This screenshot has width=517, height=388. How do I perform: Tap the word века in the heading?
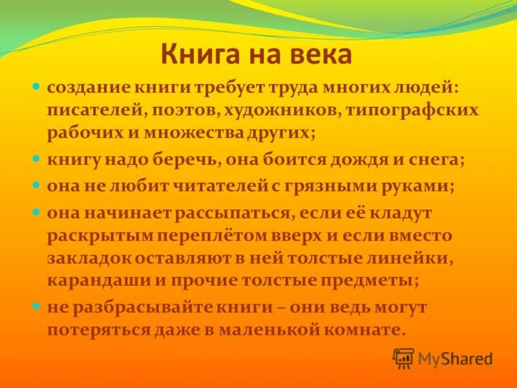(321, 56)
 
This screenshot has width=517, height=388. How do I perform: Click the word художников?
(273, 111)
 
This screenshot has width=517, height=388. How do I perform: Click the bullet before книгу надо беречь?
(37, 158)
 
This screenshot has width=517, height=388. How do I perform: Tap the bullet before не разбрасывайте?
(37, 305)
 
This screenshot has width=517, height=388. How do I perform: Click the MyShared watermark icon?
(403, 358)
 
